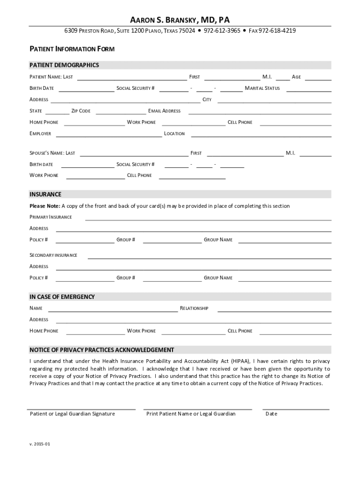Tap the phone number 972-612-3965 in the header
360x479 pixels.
coord(223,31)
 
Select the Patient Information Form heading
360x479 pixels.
coord(72,49)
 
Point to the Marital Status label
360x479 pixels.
coord(262,88)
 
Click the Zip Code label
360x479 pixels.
coord(81,111)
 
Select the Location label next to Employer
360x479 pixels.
coord(174,134)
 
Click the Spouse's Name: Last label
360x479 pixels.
coord(52,153)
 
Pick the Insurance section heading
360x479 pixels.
coord(45,194)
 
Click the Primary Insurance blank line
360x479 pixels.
coord(208,219)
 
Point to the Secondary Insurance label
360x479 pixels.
coord(53,255)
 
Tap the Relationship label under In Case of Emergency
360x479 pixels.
coord(194,309)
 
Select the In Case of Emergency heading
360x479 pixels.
coord(62,297)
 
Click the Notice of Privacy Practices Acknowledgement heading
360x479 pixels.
coord(102,350)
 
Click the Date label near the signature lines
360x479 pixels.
coord(271,414)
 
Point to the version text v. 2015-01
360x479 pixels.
coord(40,444)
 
